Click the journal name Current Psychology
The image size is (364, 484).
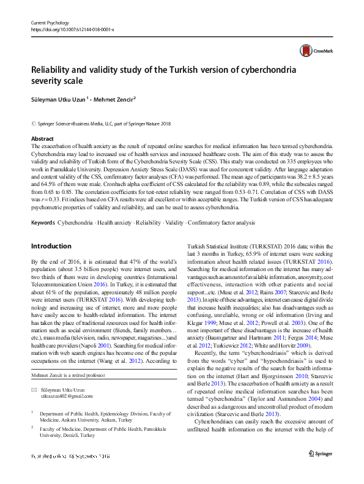(51, 23)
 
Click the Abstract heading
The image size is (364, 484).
(42, 140)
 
